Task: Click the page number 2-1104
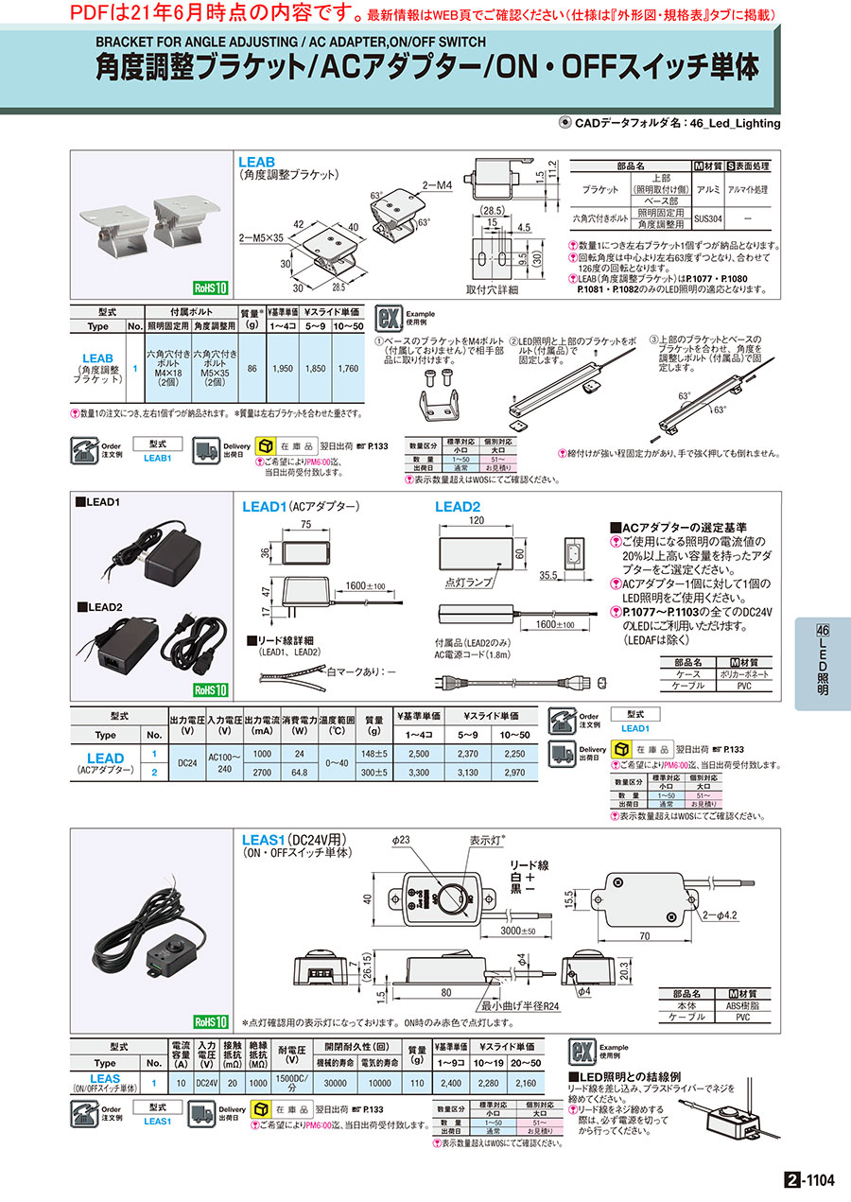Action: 810,1180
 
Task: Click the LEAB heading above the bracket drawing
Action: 257,163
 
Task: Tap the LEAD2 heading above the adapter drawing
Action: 458,507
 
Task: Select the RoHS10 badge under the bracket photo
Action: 210,288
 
